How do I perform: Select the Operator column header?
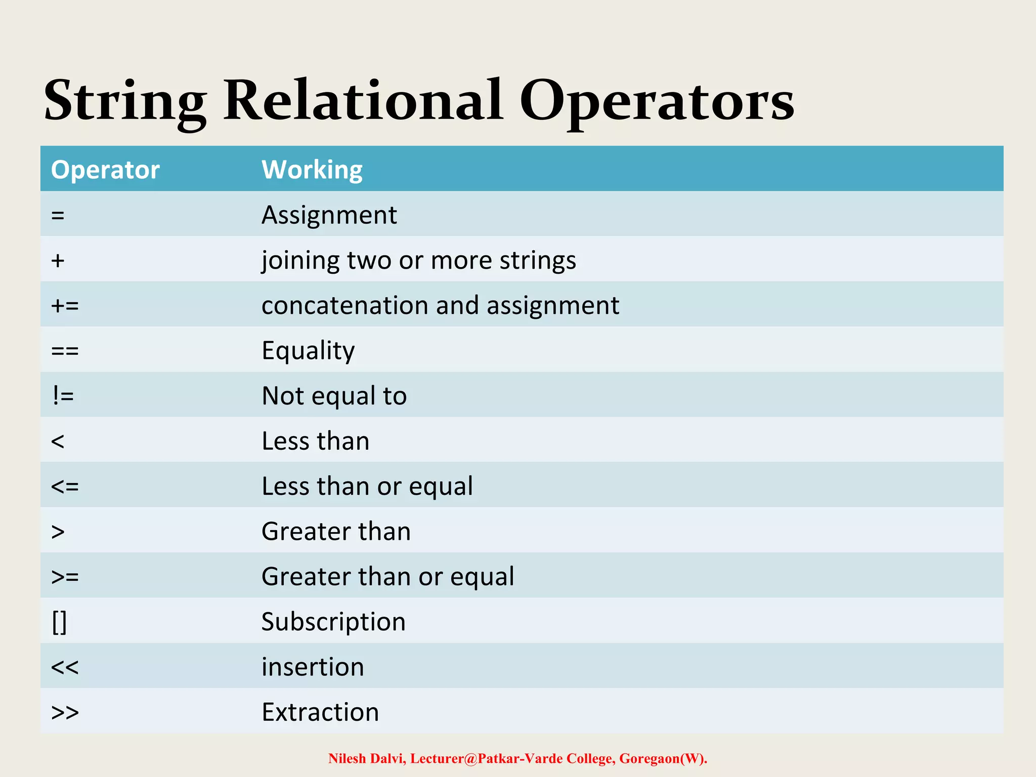click(x=105, y=169)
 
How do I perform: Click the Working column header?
click(x=312, y=170)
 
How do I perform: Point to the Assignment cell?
click(x=329, y=215)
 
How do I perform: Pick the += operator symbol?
click(x=65, y=306)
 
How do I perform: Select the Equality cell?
click(x=308, y=351)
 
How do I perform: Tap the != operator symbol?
click(x=63, y=396)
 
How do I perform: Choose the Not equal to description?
click(x=334, y=396)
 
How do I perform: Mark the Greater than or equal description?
click(x=387, y=577)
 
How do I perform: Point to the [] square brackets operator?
click(x=59, y=622)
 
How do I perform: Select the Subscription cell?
click(x=333, y=622)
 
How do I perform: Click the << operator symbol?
click(x=65, y=667)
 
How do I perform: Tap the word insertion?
click(x=313, y=667)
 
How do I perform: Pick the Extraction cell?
click(x=320, y=712)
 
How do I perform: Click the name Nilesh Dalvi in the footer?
click(x=366, y=759)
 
